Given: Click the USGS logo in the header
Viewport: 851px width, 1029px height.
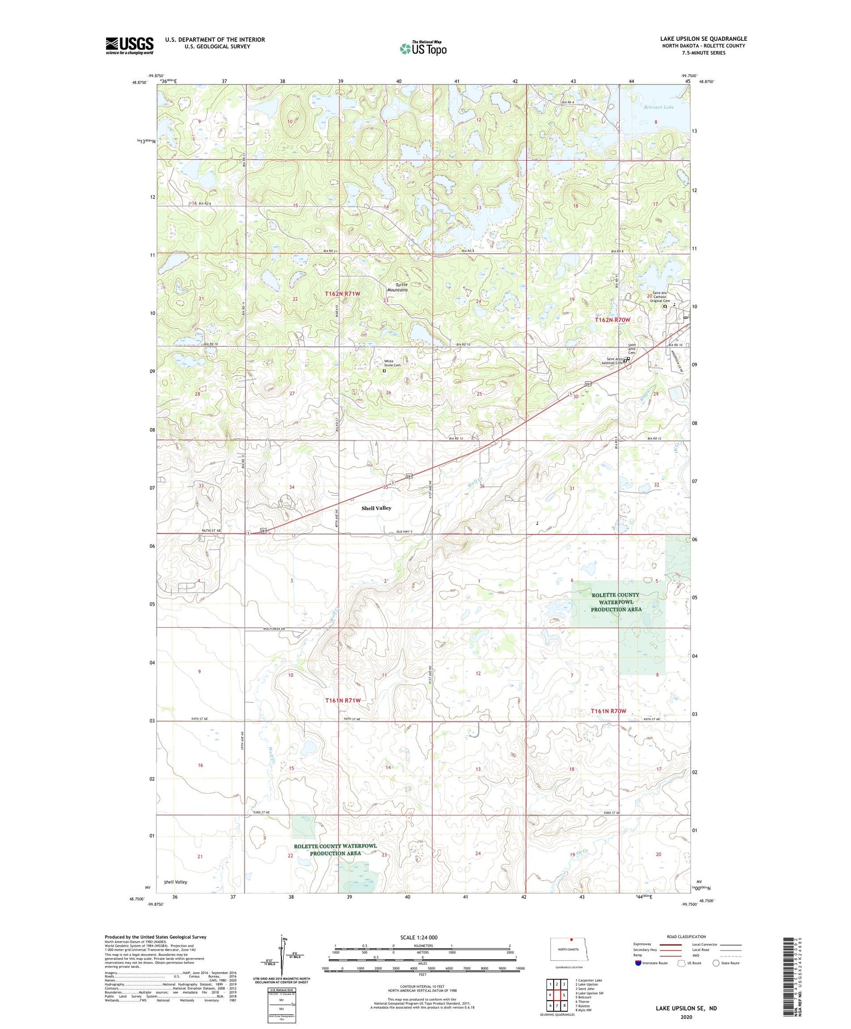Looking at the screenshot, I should [129, 45].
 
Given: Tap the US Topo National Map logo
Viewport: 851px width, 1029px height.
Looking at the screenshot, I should [423, 48].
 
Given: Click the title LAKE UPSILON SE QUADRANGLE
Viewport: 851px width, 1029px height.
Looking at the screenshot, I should [703, 39].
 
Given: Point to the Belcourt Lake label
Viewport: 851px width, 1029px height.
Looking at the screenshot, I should [659, 107].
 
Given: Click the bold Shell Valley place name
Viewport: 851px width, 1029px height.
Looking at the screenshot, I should [376, 508].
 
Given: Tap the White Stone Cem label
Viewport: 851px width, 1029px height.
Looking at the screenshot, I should [392, 363].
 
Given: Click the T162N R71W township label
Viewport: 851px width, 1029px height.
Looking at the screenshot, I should [342, 293].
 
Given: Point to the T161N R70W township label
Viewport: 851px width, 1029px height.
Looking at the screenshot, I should [608, 711].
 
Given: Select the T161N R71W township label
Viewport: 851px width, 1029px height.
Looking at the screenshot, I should [343, 700].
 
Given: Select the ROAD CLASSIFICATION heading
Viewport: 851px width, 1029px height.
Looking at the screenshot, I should [686, 936].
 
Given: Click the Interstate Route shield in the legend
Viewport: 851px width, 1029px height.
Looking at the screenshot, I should [638, 963].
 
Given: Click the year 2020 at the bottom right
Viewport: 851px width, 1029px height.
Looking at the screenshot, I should [686, 1017].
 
